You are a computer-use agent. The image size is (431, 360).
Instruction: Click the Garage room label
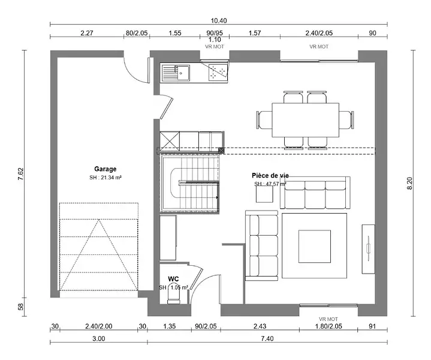click(x=106, y=169)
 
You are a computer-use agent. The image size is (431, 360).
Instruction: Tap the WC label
click(x=173, y=279)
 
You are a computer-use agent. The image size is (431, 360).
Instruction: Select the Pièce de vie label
click(x=270, y=176)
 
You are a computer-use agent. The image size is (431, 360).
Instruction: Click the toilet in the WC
click(x=173, y=298)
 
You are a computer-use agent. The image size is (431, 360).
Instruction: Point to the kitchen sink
click(x=176, y=73)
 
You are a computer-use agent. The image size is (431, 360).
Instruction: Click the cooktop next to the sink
click(x=218, y=73)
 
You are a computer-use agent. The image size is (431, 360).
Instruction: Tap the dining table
click(x=305, y=120)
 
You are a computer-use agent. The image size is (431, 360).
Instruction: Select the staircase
click(x=189, y=184)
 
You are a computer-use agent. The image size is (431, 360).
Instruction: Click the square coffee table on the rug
click(x=315, y=247)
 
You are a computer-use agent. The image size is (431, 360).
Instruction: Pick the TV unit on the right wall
click(x=368, y=249)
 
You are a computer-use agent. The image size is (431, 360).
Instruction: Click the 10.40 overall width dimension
click(x=219, y=20)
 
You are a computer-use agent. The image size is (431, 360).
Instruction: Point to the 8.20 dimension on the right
click(x=409, y=183)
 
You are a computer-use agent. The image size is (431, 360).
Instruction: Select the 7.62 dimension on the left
click(x=21, y=174)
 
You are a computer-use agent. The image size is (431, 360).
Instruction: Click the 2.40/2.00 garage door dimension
click(x=99, y=326)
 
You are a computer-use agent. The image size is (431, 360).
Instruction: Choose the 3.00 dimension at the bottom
click(x=99, y=338)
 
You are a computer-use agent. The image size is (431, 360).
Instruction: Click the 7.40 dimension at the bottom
click(x=267, y=338)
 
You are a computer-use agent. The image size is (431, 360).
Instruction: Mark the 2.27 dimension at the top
click(x=87, y=33)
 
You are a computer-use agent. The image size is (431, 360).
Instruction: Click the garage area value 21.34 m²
click(x=106, y=178)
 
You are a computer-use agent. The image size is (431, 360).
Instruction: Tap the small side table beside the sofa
click(x=264, y=194)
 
